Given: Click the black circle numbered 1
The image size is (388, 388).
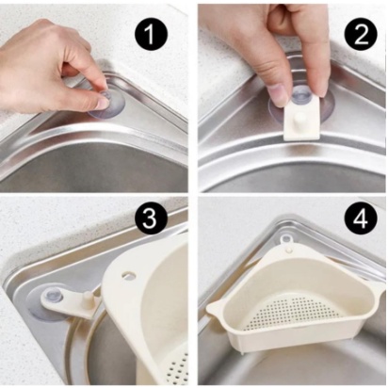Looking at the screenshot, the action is click(x=151, y=34).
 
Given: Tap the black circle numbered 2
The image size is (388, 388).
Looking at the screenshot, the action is click(x=361, y=34).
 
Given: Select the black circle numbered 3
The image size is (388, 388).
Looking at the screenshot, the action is click(x=150, y=217).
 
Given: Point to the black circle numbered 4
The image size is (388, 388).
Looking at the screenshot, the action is click(x=361, y=218).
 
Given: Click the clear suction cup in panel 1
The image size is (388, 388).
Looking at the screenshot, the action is click(x=106, y=103).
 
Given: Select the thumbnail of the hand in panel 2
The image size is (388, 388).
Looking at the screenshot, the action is click(x=278, y=94).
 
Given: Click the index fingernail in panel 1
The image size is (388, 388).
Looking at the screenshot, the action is click(x=102, y=103).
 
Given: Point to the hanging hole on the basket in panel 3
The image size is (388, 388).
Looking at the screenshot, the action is click(x=128, y=274).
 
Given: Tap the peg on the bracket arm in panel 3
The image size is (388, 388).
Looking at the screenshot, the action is click(x=89, y=299).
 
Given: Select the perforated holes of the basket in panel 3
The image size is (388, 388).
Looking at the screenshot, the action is click(x=178, y=369).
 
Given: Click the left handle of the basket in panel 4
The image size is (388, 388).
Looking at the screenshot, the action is click(x=216, y=308).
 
